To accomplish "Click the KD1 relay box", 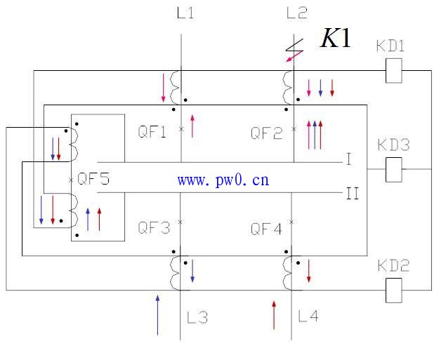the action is click(x=393, y=70).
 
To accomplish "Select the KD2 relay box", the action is click(x=393, y=291).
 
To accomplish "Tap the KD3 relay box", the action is click(x=393, y=170).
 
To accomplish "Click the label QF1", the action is click(x=152, y=132).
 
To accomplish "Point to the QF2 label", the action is click(x=267, y=133).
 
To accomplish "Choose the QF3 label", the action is click(x=154, y=227).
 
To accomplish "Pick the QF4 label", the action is click(x=266, y=229).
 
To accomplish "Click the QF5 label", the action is click(x=93, y=179).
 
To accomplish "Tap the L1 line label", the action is click(x=185, y=13).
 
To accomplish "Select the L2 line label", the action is click(x=297, y=13).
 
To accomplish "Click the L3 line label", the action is click(x=197, y=317).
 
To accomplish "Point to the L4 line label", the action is click(x=308, y=316).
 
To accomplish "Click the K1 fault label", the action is click(x=335, y=38).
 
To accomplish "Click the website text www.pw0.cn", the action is click(x=223, y=180).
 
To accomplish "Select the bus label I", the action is click(x=349, y=159).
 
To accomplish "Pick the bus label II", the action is click(x=353, y=194).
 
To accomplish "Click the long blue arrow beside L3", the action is click(x=157, y=315).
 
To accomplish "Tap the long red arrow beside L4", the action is click(x=274, y=315).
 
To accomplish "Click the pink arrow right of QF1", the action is click(x=192, y=126).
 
